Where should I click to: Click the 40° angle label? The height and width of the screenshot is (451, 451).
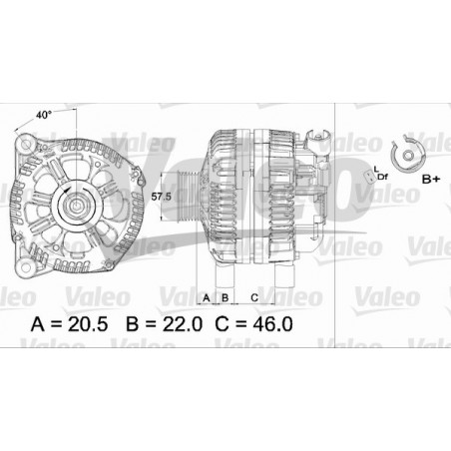coord(43,115)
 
